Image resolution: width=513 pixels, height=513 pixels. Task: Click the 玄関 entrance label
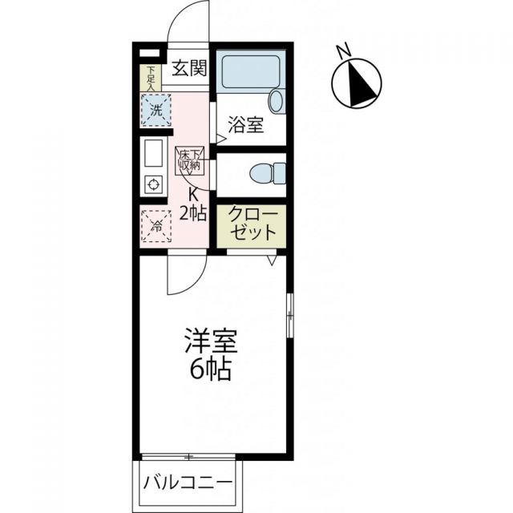click(x=189, y=67)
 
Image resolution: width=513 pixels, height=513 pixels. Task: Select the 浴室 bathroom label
click(x=245, y=125)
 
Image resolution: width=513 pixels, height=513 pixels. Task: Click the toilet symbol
click(x=268, y=172)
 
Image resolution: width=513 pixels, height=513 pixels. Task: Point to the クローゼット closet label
click(x=253, y=225)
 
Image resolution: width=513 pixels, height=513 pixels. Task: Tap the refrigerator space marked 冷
click(x=156, y=226)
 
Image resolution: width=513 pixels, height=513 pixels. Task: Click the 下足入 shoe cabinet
click(x=150, y=76)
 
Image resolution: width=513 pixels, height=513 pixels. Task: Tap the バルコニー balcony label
click(x=189, y=483)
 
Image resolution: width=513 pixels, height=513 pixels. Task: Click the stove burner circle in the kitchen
click(x=152, y=184)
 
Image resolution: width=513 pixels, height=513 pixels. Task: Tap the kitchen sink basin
click(x=152, y=152)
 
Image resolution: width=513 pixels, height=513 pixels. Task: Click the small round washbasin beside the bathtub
click(x=276, y=101)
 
